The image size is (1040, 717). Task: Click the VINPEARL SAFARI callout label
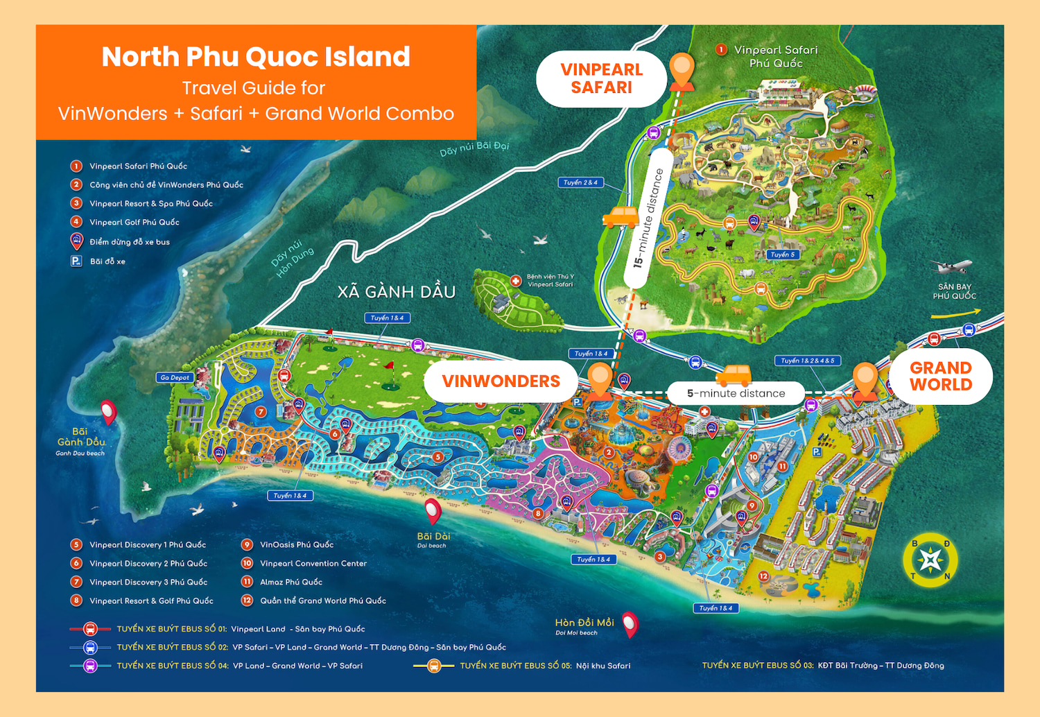(601, 78)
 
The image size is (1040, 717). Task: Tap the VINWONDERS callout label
(501, 381)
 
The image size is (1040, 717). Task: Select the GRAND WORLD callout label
(940, 376)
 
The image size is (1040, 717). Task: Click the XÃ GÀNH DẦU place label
(397, 292)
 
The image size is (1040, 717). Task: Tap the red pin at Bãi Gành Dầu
(108, 412)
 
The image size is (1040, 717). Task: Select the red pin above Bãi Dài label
(433, 511)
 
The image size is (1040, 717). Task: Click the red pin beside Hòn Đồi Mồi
(630, 624)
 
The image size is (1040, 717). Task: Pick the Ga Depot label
(175, 377)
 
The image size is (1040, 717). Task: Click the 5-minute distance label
(736, 393)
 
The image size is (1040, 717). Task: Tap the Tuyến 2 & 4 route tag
(580, 182)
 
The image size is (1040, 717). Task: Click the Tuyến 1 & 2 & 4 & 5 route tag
(808, 361)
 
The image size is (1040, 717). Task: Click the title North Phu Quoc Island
(256, 57)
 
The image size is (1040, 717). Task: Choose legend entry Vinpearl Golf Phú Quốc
(134, 223)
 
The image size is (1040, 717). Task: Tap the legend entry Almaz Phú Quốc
(291, 582)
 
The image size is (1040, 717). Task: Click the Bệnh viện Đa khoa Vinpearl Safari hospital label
(550, 280)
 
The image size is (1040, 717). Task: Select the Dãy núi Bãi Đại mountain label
(474, 148)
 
